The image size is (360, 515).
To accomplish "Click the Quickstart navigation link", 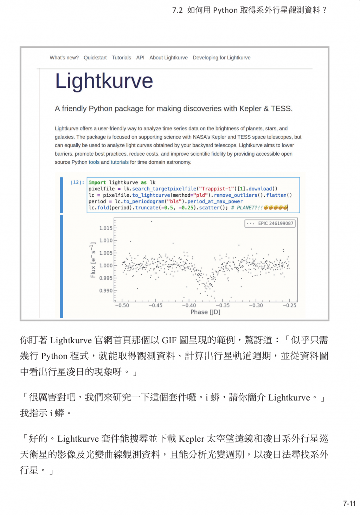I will coord(95,58).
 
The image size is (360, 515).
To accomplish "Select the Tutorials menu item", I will coord(121,58).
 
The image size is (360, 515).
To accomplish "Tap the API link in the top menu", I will coord(140,58).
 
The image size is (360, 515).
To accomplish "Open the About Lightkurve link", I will coord(168,58).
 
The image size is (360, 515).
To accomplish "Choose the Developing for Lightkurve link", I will coord(221,58).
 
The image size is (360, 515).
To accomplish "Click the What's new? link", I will coord(64,58).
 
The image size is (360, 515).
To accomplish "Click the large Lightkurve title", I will coord(104,81).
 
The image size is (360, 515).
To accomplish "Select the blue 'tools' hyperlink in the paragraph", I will coord(94,162).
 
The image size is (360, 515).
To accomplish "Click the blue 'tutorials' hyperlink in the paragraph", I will coord(120,162).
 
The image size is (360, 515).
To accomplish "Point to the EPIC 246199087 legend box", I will coord(270,223).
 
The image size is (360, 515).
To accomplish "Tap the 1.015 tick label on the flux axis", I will coord(105,228).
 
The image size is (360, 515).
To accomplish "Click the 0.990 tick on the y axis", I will coord(105,291).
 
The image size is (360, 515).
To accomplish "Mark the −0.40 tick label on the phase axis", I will coord(189,306).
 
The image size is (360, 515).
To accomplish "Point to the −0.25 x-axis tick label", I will coord(289,306).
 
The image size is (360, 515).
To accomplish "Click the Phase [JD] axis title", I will coord(205,312).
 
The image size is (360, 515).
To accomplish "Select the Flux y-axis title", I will coord(93,260).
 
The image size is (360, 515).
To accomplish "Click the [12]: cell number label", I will coord(77,182).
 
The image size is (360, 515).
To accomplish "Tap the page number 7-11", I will coord(349,504).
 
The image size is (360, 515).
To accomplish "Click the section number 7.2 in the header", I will coord(177,10).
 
